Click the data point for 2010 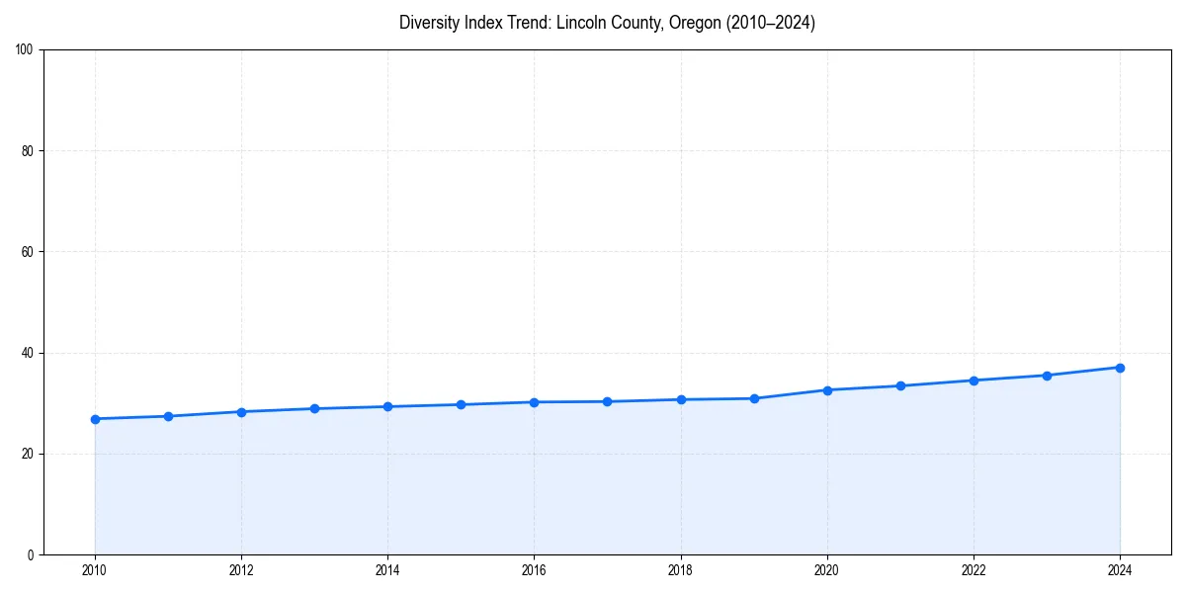click(x=95, y=419)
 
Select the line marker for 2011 click(x=168, y=416)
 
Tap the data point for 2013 click(x=314, y=408)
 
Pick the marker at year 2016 click(x=534, y=402)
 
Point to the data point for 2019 click(x=754, y=398)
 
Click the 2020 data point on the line click(x=827, y=389)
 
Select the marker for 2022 click(x=974, y=381)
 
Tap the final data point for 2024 click(x=1120, y=368)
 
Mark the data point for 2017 click(x=607, y=401)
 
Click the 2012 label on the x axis click(x=241, y=570)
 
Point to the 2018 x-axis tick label click(x=680, y=570)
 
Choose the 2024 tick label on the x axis click(x=1120, y=570)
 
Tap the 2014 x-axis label click(x=387, y=570)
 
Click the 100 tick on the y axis click(x=25, y=50)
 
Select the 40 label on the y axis click(x=28, y=353)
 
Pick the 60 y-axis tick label click(x=28, y=252)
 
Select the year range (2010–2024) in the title click(x=771, y=23)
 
